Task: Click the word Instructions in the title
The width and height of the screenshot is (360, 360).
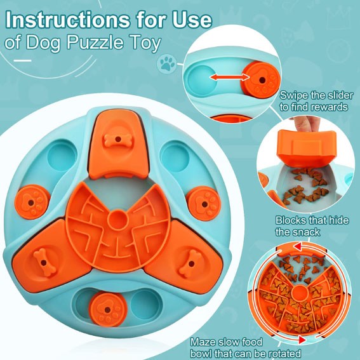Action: [67, 20]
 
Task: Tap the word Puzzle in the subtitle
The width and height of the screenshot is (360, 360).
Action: [95, 43]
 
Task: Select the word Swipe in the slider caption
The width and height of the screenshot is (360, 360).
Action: [293, 95]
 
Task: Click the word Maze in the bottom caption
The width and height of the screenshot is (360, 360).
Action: [203, 342]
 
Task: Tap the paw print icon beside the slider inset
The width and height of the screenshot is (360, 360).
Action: [167, 63]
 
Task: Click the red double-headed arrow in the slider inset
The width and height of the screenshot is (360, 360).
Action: [230, 77]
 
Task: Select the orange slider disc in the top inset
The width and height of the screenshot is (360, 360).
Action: [260, 80]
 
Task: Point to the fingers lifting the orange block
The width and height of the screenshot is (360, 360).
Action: [306, 124]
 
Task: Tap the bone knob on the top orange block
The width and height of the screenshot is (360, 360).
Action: [118, 140]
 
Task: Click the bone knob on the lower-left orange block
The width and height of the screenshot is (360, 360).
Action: [45, 262]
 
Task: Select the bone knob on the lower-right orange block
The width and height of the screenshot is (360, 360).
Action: [190, 263]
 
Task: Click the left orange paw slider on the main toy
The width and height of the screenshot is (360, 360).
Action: [32, 202]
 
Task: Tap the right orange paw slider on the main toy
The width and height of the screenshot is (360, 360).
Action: [204, 204]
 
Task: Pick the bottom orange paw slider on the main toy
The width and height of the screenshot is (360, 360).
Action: [108, 309]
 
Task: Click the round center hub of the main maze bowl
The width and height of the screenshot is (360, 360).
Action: [117, 220]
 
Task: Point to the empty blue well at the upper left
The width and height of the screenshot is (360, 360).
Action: [62, 157]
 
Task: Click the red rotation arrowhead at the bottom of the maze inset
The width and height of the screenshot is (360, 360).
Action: [302, 340]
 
